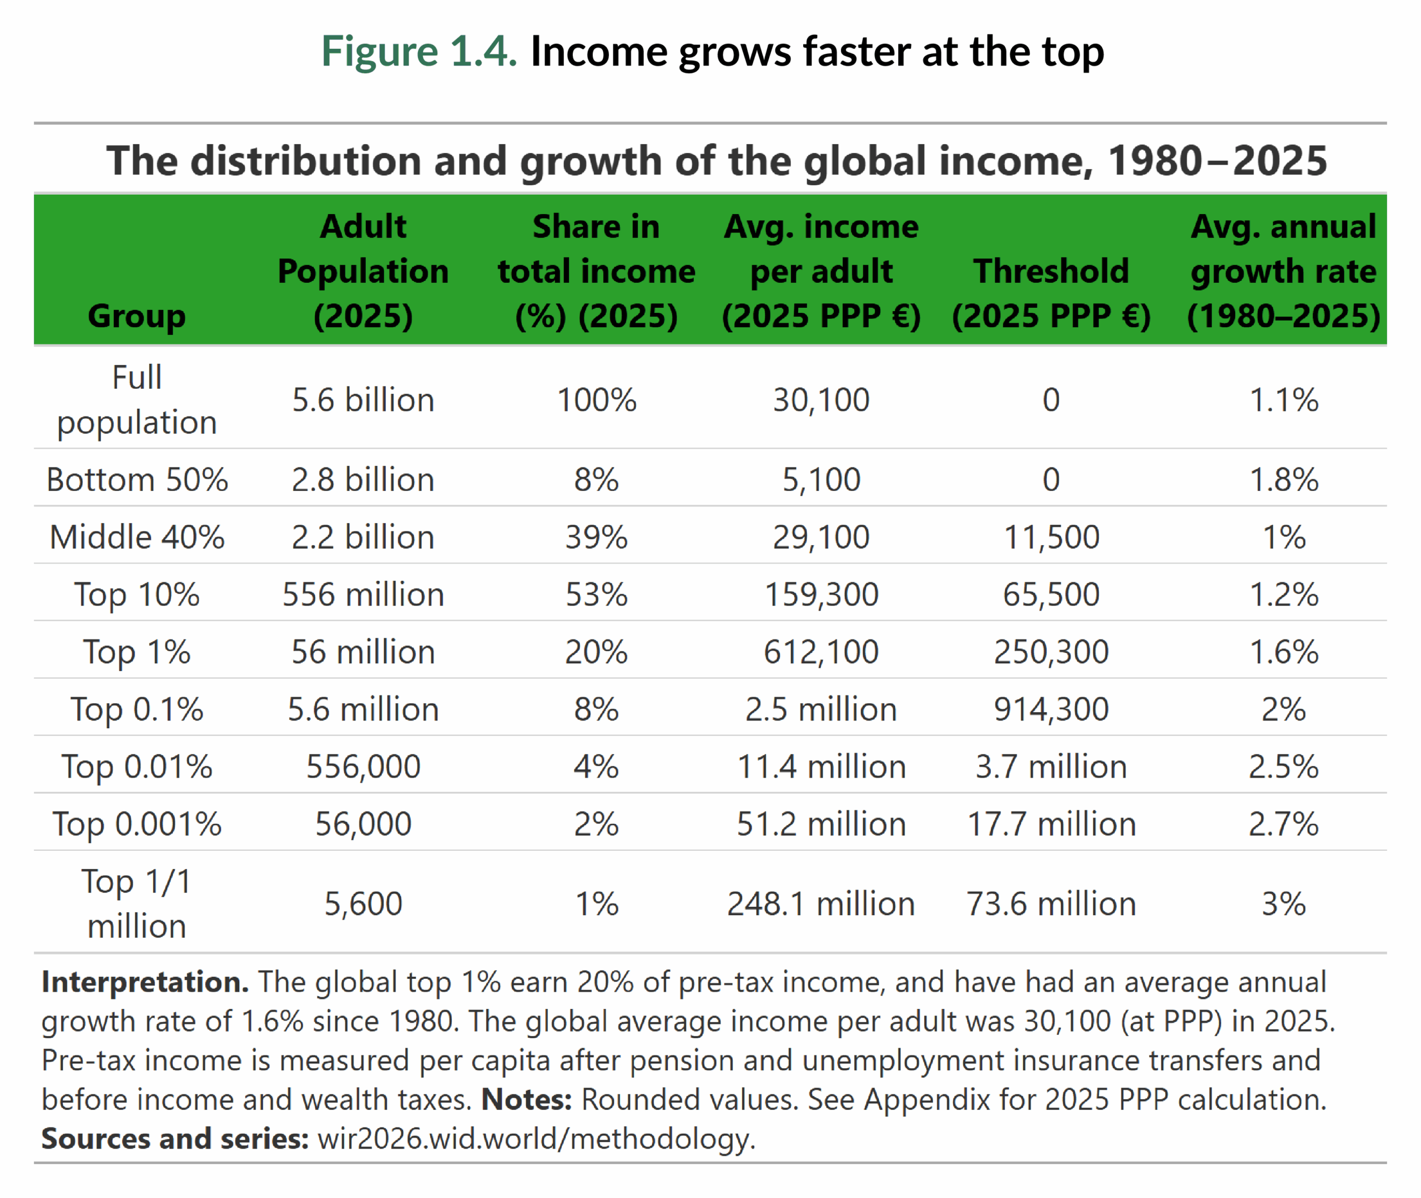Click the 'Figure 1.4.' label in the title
(x=419, y=52)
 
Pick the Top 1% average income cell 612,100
(x=821, y=652)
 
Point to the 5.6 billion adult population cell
(x=363, y=399)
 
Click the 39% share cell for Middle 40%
(x=596, y=537)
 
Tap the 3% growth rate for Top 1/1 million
(x=1283, y=904)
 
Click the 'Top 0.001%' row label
(x=137, y=825)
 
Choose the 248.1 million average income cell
(x=821, y=904)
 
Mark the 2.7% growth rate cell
(x=1283, y=825)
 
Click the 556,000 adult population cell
(x=363, y=766)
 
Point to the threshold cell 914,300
(x=1051, y=710)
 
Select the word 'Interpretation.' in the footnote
(x=145, y=982)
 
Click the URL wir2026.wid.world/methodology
(x=536, y=1139)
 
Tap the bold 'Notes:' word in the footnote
(x=527, y=1099)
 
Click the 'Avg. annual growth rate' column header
(x=1283, y=271)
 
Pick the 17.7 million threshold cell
(x=1051, y=825)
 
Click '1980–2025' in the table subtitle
(x=1216, y=161)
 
